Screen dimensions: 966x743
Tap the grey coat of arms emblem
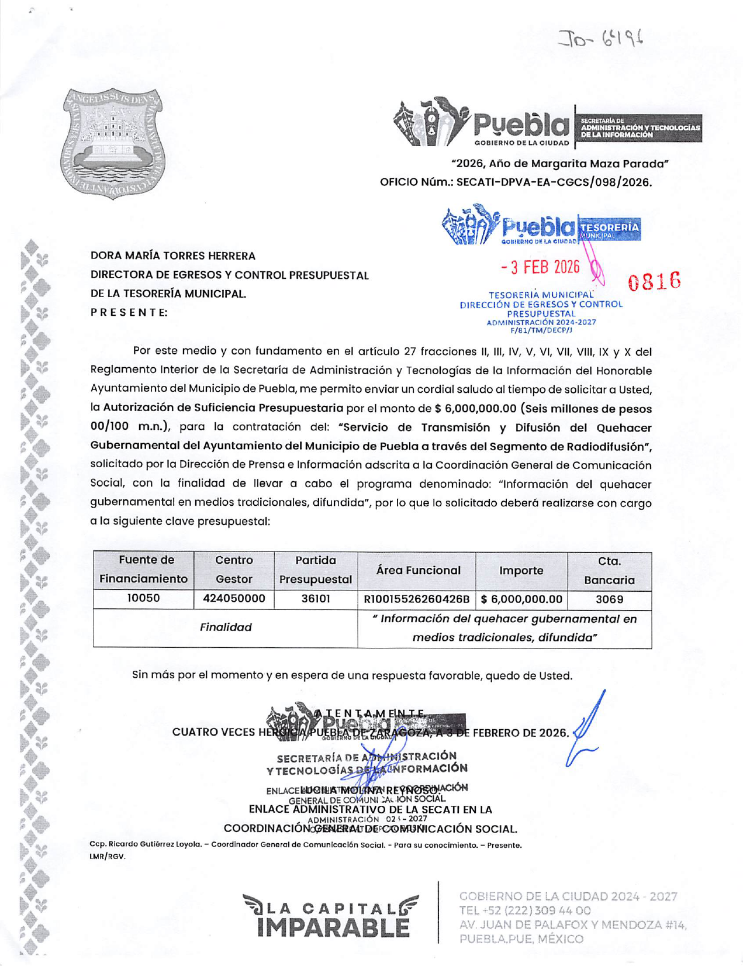pos(113,144)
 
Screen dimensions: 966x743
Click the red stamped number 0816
pos(654,281)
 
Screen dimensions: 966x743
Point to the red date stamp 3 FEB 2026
pos(541,268)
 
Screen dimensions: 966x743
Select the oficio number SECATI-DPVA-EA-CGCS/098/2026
pos(554,182)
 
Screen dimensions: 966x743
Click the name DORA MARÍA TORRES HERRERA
pos(173,256)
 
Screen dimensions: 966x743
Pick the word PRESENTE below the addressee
pos(129,312)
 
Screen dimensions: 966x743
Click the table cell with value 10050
pos(144,599)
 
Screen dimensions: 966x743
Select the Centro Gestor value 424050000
pos(234,599)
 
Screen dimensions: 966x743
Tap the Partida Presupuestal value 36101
pos(316,599)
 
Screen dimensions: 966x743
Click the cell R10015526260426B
pos(417,599)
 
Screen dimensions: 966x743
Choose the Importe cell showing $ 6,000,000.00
pos(521,599)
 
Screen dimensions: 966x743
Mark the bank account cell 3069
pos(609,599)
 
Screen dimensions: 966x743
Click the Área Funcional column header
pos(418,570)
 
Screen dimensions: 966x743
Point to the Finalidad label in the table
pos(226,627)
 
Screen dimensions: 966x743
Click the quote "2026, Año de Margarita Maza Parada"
pos(560,164)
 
